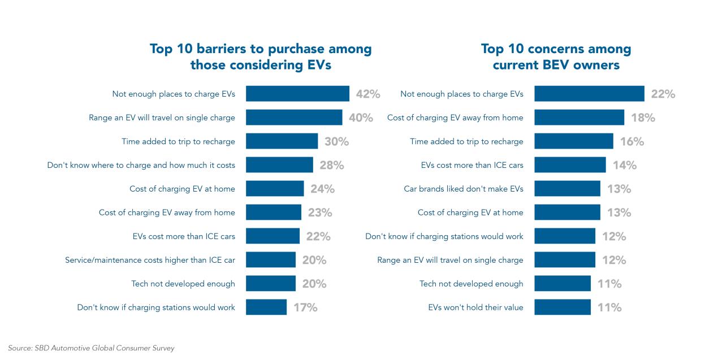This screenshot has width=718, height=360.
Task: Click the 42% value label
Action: pyautogui.click(x=367, y=94)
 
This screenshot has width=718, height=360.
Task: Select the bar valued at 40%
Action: pyautogui.click(x=294, y=118)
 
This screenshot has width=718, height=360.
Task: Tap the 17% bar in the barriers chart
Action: pyautogui.click(x=266, y=307)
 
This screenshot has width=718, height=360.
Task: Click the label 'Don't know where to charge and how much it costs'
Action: pyautogui.click(x=141, y=165)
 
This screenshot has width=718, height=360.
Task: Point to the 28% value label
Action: pyautogui.click(x=331, y=165)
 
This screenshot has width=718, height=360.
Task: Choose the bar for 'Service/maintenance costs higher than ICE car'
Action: pyautogui.click(x=271, y=260)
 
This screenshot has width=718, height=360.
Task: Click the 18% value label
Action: pyautogui.click(x=643, y=118)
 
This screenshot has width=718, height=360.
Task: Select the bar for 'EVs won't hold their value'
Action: pyautogui.click(x=563, y=307)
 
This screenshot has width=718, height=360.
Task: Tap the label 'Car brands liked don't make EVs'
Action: pyautogui.click(x=464, y=189)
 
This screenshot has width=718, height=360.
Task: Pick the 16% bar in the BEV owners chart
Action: pyautogui.click(x=574, y=141)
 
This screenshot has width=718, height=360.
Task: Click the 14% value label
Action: pyautogui.click(x=624, y=165)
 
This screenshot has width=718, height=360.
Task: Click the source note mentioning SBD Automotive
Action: pyautogui.click(x=91, y=348)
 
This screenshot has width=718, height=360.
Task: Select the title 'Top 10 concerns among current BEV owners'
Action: pyautogui.click(x=556, y=57)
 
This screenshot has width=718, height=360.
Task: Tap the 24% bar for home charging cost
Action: pyautogui.click(x=275, y=189)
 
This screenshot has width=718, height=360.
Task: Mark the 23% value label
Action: pyautogui.click(x=319, y=212)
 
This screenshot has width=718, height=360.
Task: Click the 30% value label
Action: pyautogui.click(x=336, y=141)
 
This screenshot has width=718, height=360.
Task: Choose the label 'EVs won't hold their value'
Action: pyautogui.click(x=475, y=307)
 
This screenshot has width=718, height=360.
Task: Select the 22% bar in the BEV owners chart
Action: pyautogui.click(x=589, y=94)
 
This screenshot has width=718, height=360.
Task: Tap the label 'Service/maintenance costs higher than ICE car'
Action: pyautogui.click(x=150, y=260)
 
